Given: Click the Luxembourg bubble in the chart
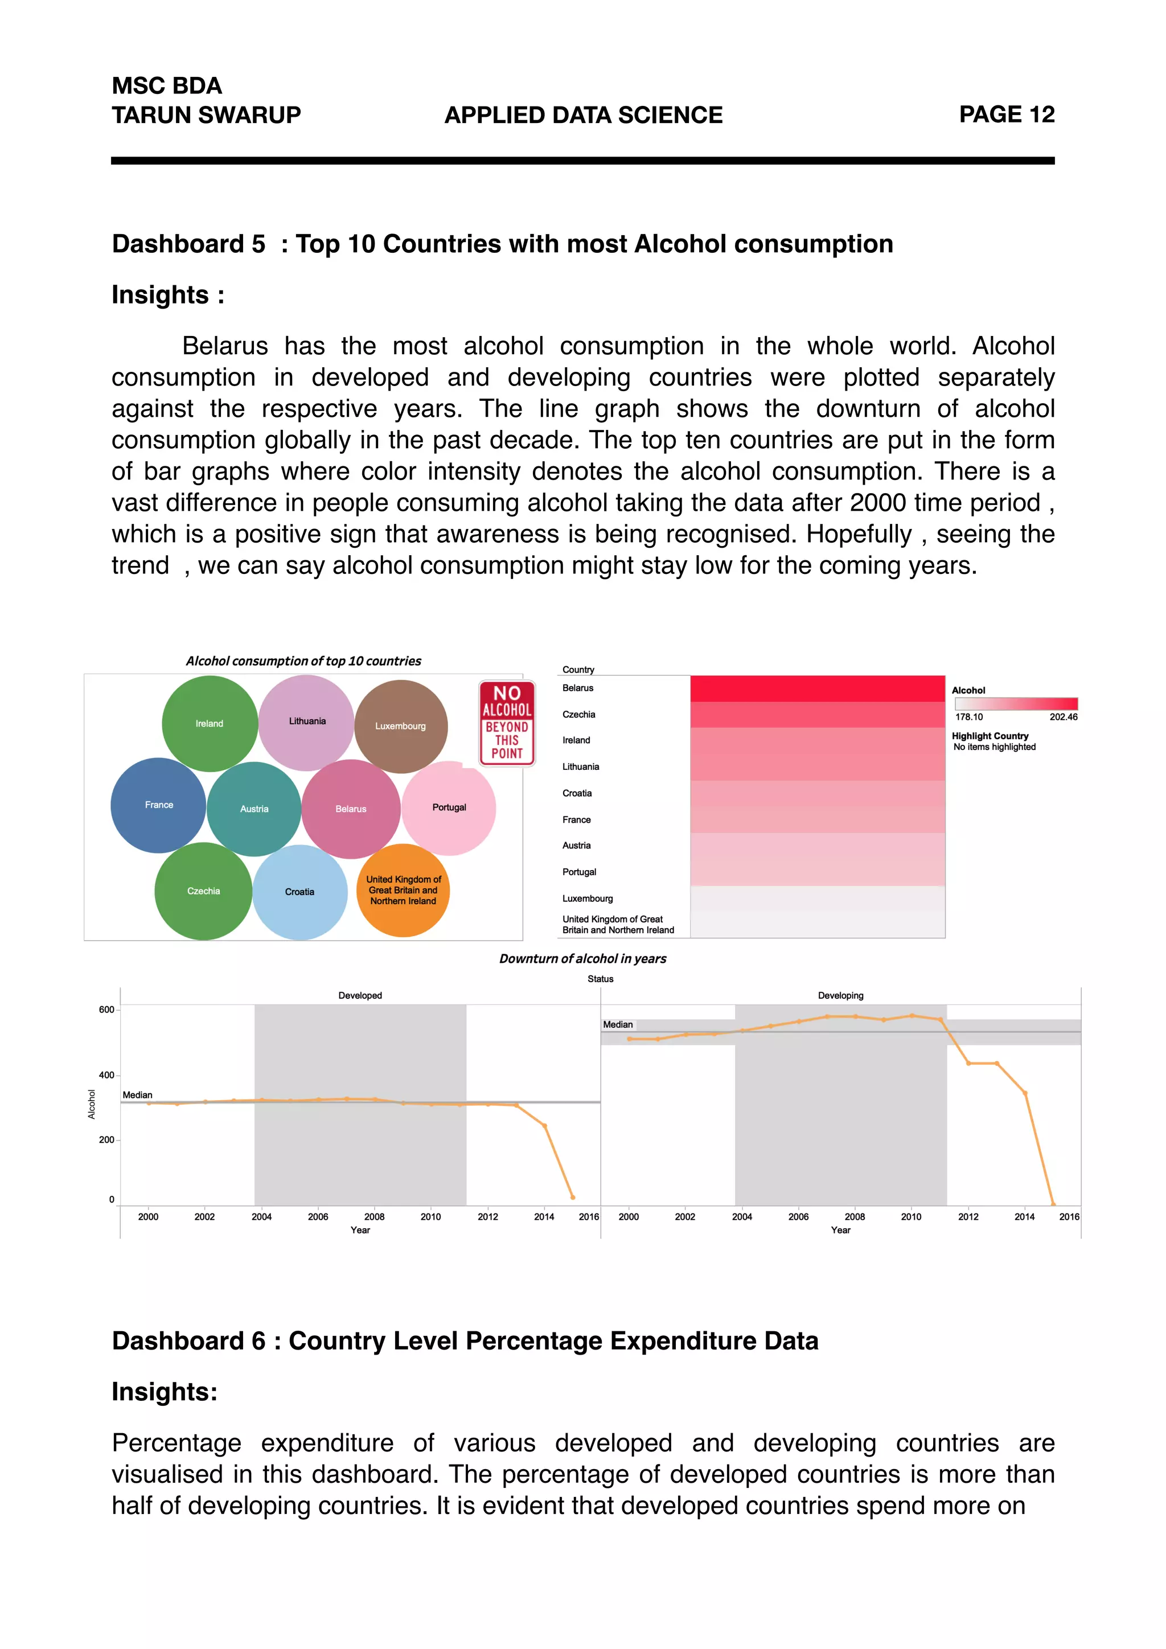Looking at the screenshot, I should tap(401, 726).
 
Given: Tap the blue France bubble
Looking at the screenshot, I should tap(159, 805).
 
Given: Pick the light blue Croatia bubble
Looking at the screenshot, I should tap(299, 892).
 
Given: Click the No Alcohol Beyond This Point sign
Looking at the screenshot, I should tap(507, 723).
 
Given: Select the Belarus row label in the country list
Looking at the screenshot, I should tap(578, 688).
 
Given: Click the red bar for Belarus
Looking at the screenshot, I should tap(817, 688).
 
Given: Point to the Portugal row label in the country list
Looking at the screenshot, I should tap(580, 872).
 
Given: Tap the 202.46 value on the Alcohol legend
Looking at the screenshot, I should tap(1062, 717).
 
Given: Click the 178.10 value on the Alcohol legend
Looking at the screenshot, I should tap(968, 717).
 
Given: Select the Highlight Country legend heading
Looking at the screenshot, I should tap(990, 736).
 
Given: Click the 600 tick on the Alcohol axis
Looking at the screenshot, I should tap(106, 1010).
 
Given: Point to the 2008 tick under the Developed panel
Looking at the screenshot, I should tap(374, 1217).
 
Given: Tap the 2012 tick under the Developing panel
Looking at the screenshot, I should tap(968, 1217).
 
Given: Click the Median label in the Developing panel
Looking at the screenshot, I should tap(618, 1025).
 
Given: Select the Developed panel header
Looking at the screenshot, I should tap(360, 995).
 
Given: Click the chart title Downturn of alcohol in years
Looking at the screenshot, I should tap(582, 959).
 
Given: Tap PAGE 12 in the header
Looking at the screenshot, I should tap(1006, 115).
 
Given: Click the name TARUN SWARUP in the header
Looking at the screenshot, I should tap(206, 115).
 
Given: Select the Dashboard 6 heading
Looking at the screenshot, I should tap(465, 1341).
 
